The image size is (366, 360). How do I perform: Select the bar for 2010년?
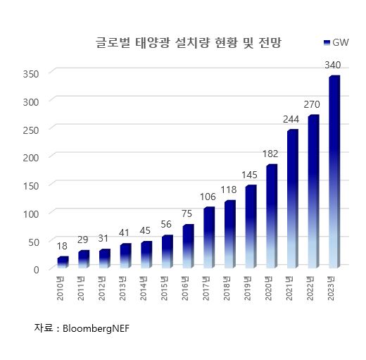click(63, 262)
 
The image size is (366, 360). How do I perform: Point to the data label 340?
click(334, 65)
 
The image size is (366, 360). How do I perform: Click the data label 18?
click(62, 247)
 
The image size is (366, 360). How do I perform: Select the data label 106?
click(208, 197)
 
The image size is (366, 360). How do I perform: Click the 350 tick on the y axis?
click(30, 73)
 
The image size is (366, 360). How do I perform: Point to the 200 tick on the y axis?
click(30, 157)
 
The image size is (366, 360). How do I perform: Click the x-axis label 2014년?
click(146, 289)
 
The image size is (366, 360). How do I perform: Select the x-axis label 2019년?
click(250, 289)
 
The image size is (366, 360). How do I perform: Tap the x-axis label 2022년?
click(313, 289)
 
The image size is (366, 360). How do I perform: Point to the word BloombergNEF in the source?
click(96, 328)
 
